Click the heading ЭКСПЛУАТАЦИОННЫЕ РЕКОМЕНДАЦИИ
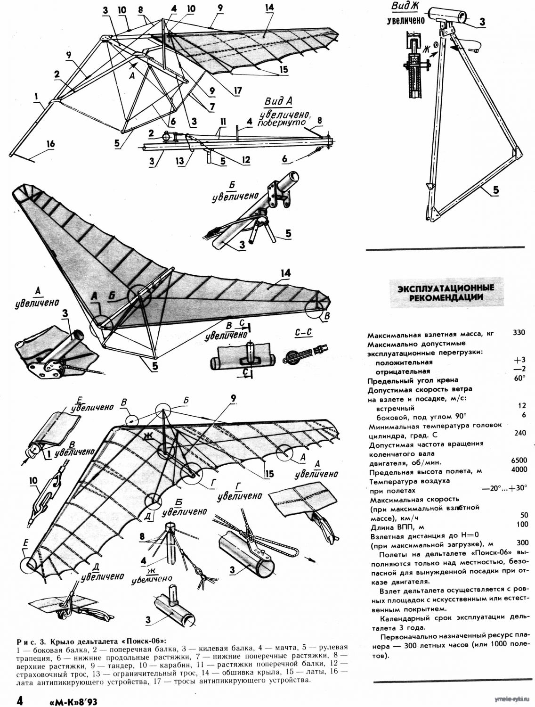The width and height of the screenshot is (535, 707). tap(445, 292)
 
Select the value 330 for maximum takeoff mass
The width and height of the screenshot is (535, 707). tap(519, 332)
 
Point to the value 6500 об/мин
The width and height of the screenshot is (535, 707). tap(519, 460)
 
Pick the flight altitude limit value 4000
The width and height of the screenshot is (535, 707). tap(519, 469)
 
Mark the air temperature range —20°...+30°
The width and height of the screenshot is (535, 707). tap(504, 488)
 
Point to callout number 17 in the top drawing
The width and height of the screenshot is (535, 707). tap(237, 90)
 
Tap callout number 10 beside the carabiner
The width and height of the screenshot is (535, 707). tap(33, 480)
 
